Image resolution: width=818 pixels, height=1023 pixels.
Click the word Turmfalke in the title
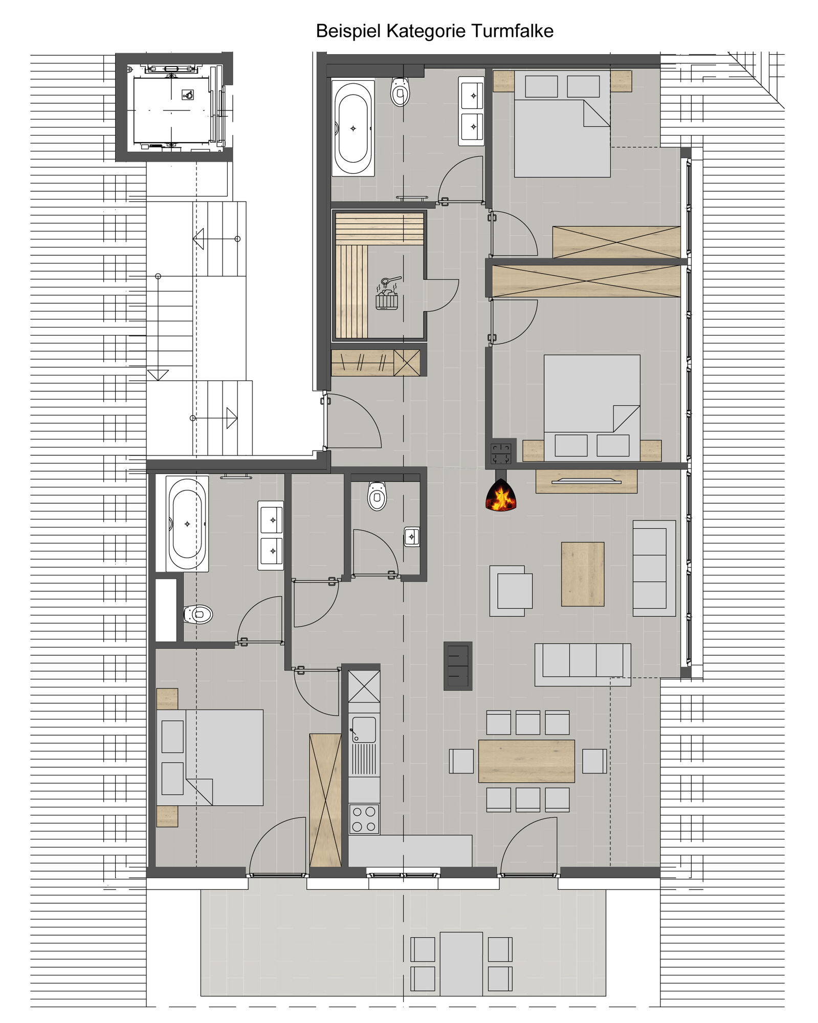[512, 31]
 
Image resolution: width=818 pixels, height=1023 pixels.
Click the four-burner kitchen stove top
[364, 819]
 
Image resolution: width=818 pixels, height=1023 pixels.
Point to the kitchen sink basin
[364, 729]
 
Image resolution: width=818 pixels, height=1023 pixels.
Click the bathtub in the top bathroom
[352, 128]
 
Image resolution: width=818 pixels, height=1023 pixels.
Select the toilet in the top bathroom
[400, 92]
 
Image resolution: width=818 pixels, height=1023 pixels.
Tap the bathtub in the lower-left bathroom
[187, 524]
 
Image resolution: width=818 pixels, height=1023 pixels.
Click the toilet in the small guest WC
[377, 496]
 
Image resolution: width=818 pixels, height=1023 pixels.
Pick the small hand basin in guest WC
[412, 537]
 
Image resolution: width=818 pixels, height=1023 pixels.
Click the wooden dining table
[526, 761]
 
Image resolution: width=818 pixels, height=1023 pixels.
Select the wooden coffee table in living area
[583, 574]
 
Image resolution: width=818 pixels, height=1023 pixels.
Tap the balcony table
[461, 964]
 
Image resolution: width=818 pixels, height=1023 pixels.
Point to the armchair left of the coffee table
[511, 590]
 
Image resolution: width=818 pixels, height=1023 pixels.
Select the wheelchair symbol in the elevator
[188, 94]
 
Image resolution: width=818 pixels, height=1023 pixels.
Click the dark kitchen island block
[458, 665]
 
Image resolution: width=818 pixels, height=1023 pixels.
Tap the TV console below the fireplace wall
[586, 481]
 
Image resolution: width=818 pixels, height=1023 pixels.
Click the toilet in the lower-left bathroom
[198, 614]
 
